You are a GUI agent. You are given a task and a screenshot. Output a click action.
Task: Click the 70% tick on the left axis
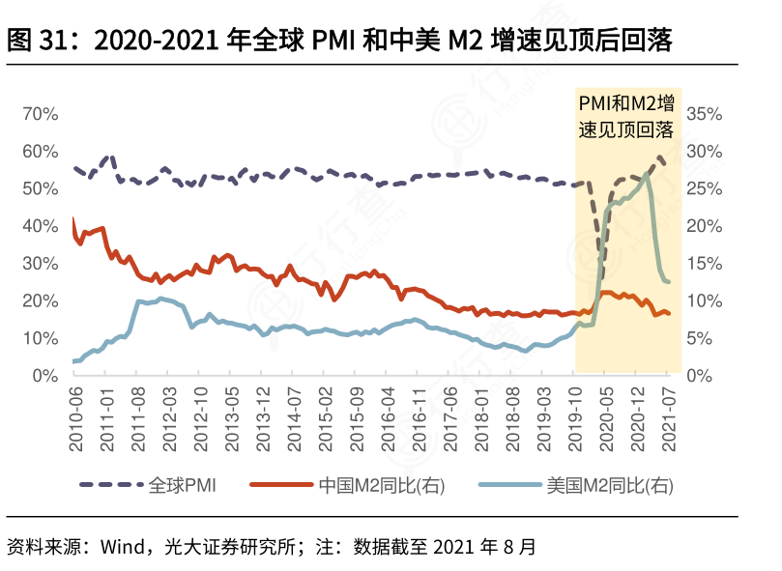[40, 114]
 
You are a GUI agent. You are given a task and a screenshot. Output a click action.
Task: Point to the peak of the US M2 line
[647, 175]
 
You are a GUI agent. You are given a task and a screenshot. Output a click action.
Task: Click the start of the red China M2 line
[73, 219]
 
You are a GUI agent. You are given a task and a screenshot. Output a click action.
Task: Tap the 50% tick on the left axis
[40, 188]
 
